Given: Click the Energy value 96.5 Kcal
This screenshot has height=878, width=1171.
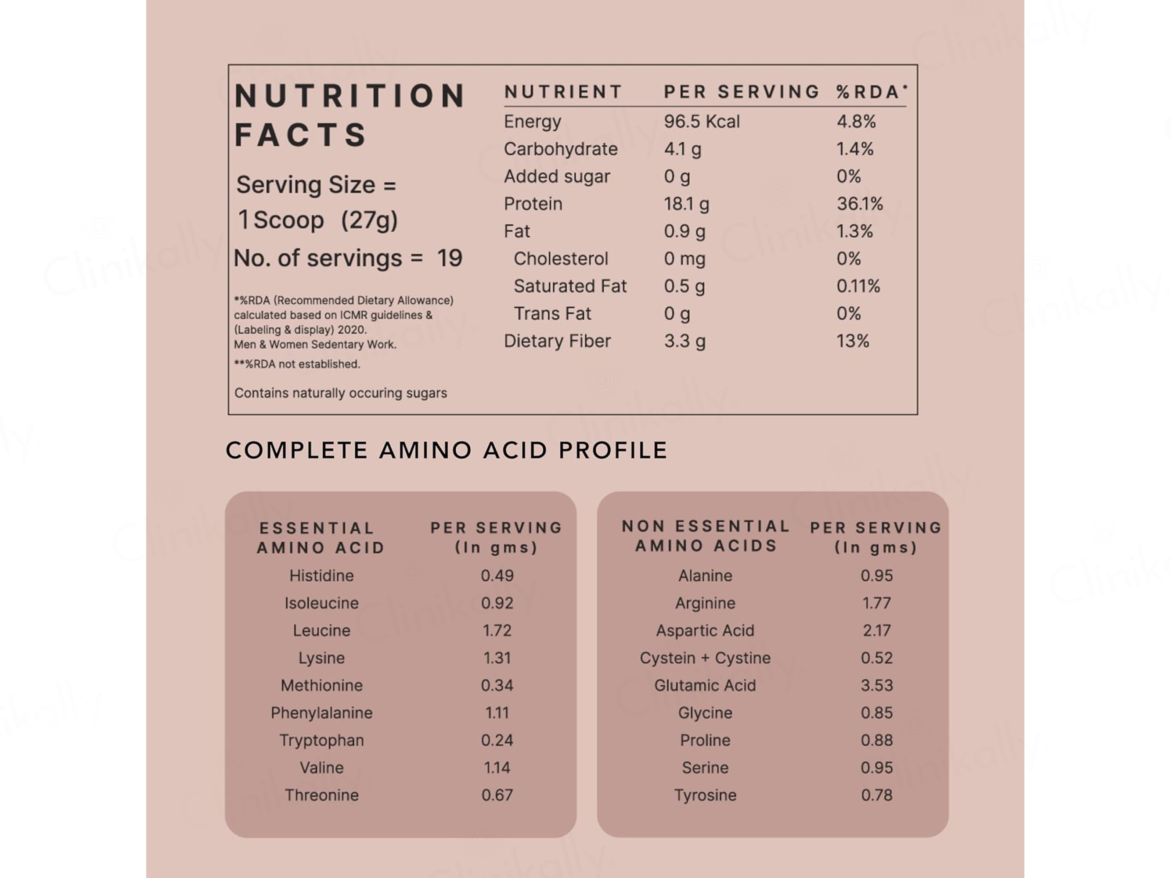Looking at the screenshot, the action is click(x=702, y=122).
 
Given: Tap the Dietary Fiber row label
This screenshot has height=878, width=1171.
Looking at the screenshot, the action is click(x=557, y=341).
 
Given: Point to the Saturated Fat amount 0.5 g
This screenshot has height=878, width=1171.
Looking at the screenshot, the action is click(x=685, y=286).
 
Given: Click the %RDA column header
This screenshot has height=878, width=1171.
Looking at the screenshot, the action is click(x=872, y=92).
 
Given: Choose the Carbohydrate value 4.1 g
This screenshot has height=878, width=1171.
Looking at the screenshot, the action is click(x=682, y=149).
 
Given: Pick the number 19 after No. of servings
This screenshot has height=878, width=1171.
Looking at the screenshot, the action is click(x=450, y=258).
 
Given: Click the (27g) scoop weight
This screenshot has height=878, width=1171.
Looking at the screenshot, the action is click(x=369, y=220).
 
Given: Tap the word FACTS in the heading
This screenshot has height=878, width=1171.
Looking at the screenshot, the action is click(x=300, y=134).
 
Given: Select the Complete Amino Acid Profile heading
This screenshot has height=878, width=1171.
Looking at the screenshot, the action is click(x=446, y=450).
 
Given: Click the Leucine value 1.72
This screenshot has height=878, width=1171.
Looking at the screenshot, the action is click(x=497, y=630).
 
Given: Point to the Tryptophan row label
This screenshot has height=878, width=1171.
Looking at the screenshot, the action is click(x=321, y=741).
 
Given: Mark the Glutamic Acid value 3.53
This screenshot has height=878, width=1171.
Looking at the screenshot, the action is click(x=877, y=685).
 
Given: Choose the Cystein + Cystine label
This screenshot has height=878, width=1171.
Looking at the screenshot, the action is click(x=705, y=658).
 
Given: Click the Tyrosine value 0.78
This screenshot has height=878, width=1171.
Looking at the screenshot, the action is click(x=877, y=795).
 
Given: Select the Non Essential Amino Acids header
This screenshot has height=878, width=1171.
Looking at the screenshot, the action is click(x=706, y=536).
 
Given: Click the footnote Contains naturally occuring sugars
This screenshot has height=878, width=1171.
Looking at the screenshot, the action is click(x=340, y=393).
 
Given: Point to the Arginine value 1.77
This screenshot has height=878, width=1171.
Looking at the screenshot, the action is click(x=877, y=603).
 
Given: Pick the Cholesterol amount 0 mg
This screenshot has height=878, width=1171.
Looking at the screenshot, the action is click(x=685, y=259).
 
